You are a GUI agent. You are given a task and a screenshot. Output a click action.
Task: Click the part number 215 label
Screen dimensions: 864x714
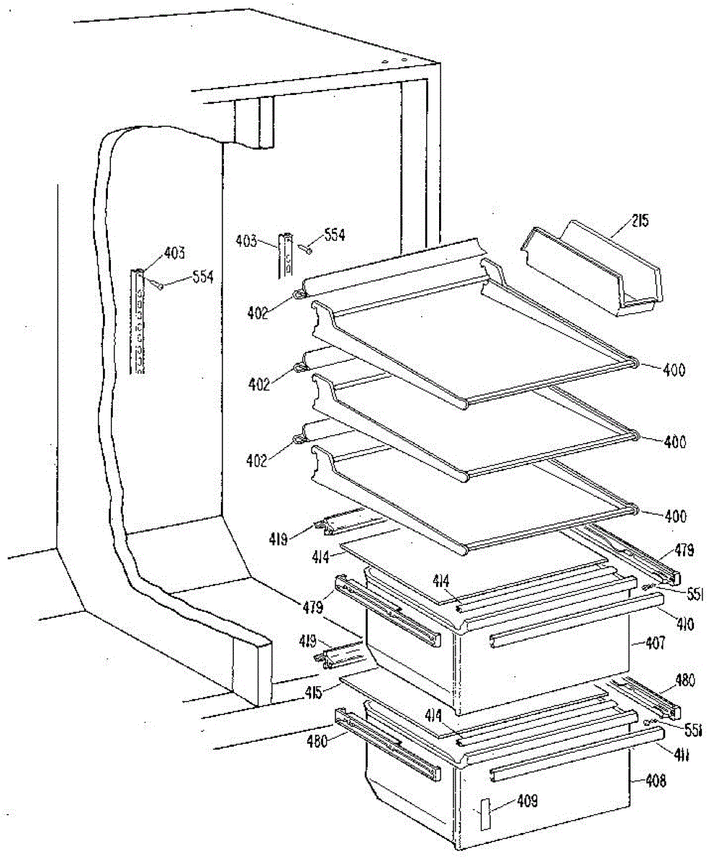pos(639,220)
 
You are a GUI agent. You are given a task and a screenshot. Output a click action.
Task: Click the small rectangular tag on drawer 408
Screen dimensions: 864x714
pos(486,815)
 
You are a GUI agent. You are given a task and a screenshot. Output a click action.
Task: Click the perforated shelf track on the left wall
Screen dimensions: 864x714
pos(137,320)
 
